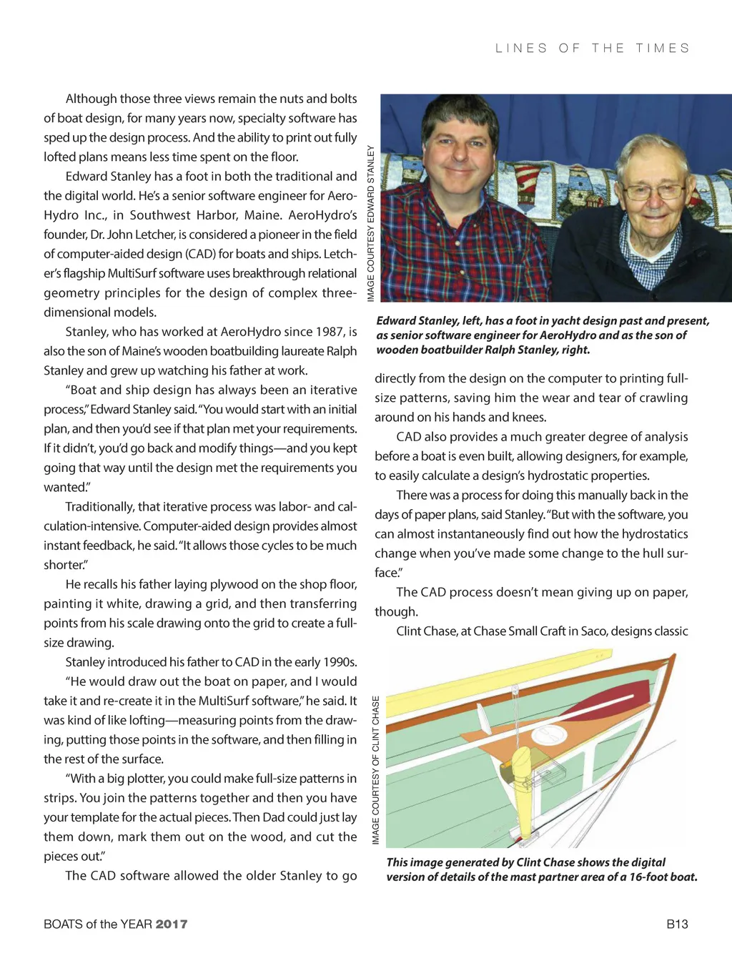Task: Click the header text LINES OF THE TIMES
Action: (593, 49)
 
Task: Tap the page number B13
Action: (677, 924)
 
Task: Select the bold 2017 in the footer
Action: (172, 924)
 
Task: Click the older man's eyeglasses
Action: (653, 191)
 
